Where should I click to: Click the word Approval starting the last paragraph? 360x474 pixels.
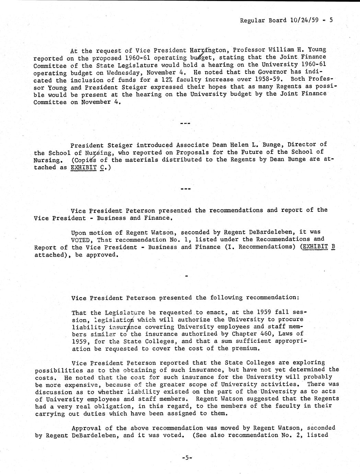point(86,428)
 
